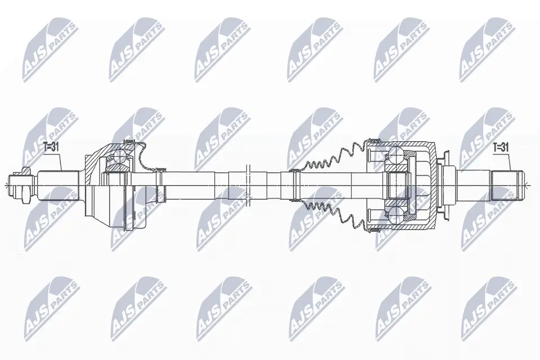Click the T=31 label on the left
[52, 147]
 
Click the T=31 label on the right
[501, 148]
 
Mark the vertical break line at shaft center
[248, 185]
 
